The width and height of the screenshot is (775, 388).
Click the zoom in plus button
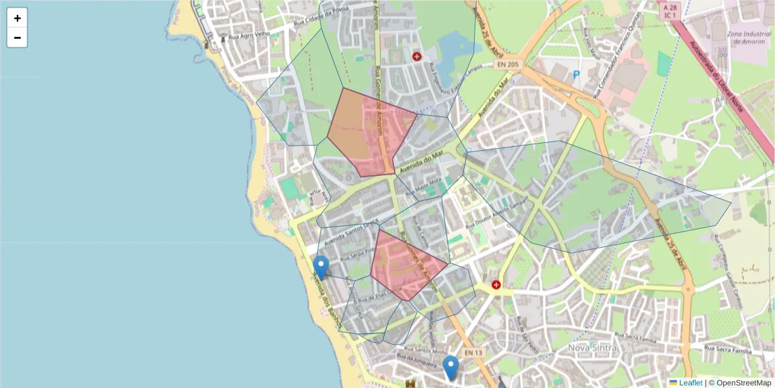pos(17,18)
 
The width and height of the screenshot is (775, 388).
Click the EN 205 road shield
pos(508,64)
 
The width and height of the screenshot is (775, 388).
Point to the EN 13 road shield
pos(473,352)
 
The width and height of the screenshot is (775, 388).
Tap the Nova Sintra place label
pos(592,348)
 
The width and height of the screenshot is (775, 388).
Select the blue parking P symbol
pos(576,75)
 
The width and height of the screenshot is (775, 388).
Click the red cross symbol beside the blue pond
pos(417,57)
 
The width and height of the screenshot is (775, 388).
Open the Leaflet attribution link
pos(690,383)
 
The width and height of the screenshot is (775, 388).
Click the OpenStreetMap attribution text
pos(743,383)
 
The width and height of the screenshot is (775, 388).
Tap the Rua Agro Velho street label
pos(247,34)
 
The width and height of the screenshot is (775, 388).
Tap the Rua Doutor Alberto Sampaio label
pos(496,213)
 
